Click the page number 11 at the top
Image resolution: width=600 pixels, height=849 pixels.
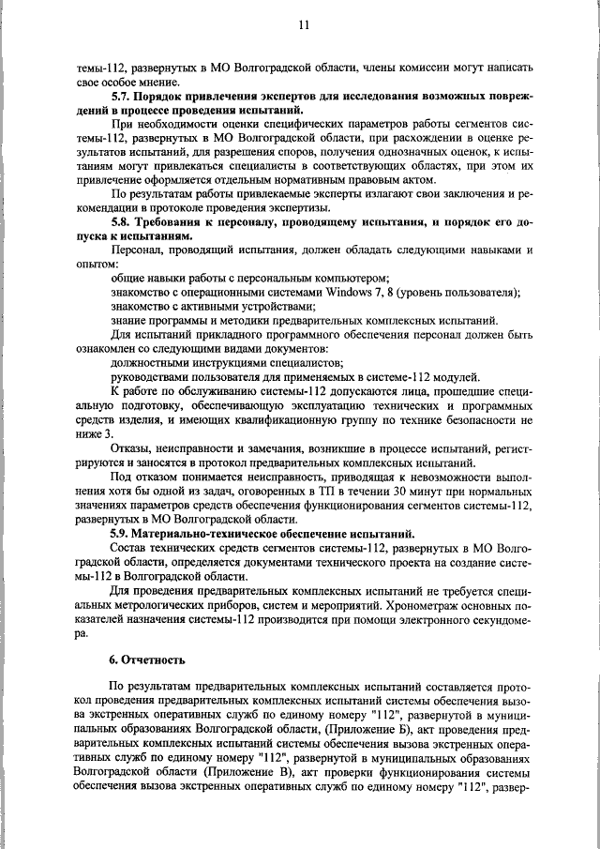[x=303, y=25]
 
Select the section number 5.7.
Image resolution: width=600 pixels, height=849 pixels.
[x=122, y=98]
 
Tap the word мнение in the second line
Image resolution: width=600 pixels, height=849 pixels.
[x=164, y=83]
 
